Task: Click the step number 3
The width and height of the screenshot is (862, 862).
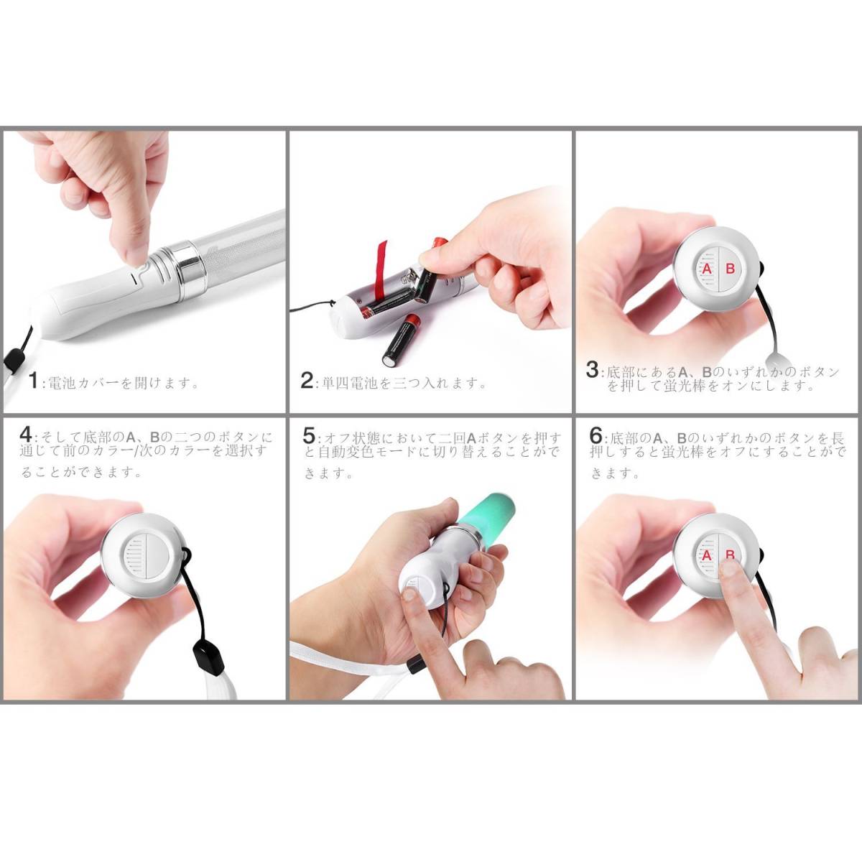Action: pos(592,369)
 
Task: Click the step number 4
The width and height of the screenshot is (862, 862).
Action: pos(26,435)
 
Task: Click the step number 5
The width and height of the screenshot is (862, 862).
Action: pos(310,435)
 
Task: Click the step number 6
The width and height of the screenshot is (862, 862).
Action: pos(595,435)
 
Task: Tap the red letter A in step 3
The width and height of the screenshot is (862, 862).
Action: pos(707,269)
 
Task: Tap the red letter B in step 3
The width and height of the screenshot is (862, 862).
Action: pos(730,269)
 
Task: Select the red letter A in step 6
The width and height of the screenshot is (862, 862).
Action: pos(706,555)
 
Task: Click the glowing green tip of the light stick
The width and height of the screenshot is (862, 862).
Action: pos(492,516)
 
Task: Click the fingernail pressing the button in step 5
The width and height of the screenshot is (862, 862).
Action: pos(409,594)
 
